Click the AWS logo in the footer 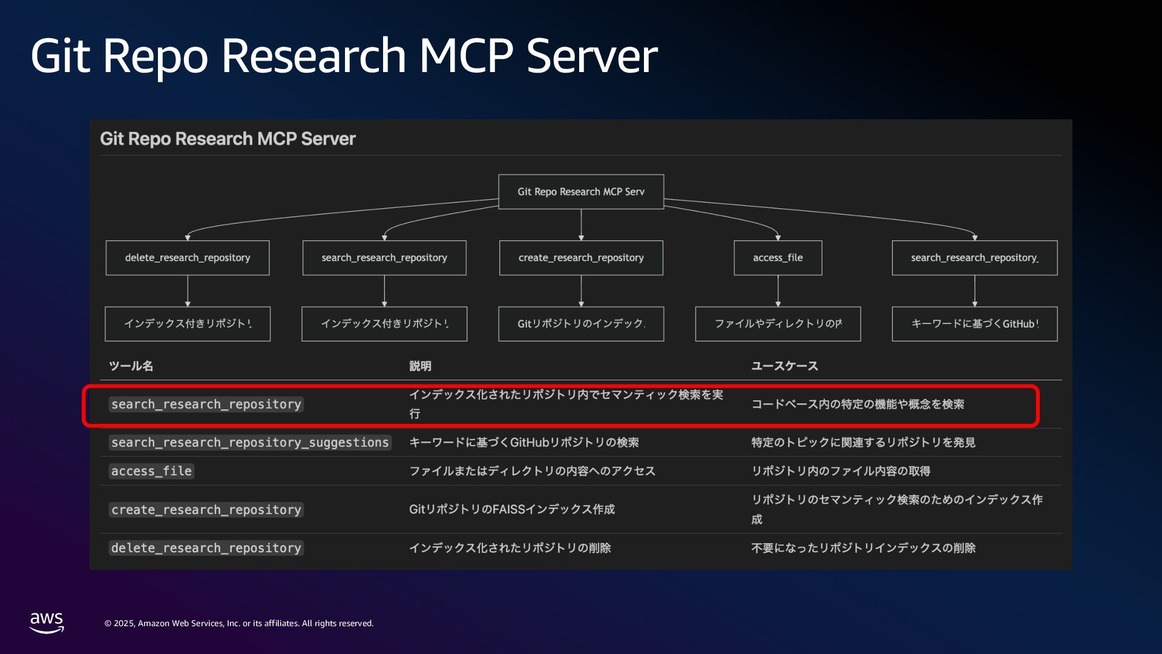coord(47,622)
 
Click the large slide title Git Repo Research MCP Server coord(344,56)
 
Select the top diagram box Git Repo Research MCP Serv coord(580,191)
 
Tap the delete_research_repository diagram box coord(188,258)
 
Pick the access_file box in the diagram coord(778,258)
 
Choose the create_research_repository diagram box coord(580,258)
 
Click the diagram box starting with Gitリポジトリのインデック coord(580,324)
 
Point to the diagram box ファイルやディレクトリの coord(778,324)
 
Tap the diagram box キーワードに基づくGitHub coord(974,324)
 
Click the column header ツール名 coord(131,366)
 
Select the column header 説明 coord(420,366)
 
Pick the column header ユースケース coord(784,366)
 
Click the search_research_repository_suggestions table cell coord(250,443)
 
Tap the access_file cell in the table coord(151,471)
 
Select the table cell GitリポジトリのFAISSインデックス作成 coord(511,509)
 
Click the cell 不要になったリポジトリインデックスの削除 coord(863,548)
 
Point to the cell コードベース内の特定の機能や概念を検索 coord(858,404)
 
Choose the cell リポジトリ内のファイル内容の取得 coord(841,471)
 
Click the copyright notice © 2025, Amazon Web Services coord(239,623)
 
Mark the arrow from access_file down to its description coord(778,291)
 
